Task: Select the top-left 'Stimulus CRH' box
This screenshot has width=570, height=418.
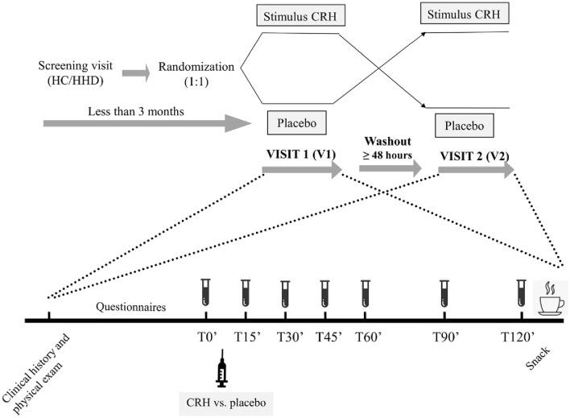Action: click(x=305, y=15)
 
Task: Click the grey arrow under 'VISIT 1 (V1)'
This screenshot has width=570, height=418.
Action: click(x=302, y=170)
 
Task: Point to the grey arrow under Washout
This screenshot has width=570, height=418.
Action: click(x=390, y=168)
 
